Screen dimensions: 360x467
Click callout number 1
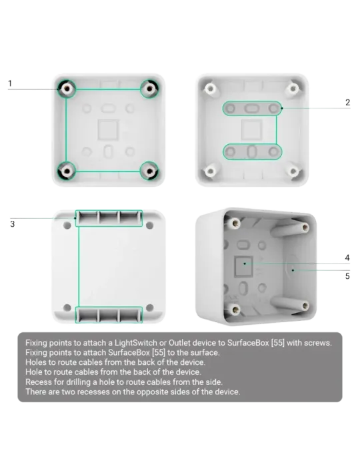click(x=10, y=83)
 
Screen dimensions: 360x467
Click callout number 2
click(x=347, y=103)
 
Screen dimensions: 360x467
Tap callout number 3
click(x=12, y=224)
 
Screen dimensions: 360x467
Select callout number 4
click(x=347, y=258)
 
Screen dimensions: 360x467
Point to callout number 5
click(x=347, y=276)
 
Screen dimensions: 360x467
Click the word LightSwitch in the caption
click(x=136, y=343)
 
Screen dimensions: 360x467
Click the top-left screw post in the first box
click(x=67, y=89)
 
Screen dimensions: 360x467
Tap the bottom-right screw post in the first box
click(x=150, y=171)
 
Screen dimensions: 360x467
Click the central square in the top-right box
click(x=251, y=130)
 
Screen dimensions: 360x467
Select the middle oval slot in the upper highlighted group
click(x=252, y=108)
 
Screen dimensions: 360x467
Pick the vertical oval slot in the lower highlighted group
click(x=252, y=151)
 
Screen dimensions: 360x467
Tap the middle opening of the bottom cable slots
click(x=109, y=315)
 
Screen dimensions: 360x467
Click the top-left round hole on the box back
click(x=67, y=225)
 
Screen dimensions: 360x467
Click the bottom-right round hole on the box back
click(x=149, y=308)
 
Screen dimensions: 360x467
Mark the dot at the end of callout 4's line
click(x=245, y=264)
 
